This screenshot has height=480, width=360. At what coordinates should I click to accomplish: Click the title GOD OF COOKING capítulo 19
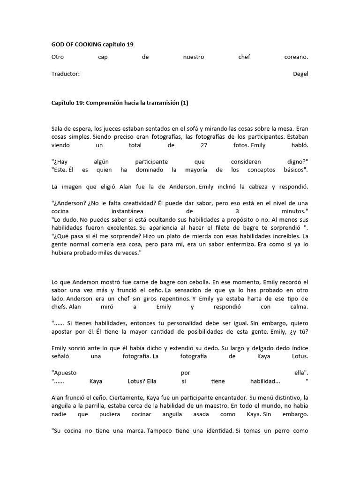coord(92,44)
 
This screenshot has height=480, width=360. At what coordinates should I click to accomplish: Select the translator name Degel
coord(300,74)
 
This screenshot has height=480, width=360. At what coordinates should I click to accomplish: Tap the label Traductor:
coord(65,74)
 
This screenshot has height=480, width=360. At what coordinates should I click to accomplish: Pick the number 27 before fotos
coord(203,145)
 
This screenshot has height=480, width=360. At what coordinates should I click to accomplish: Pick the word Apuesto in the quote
coord(64,373)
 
